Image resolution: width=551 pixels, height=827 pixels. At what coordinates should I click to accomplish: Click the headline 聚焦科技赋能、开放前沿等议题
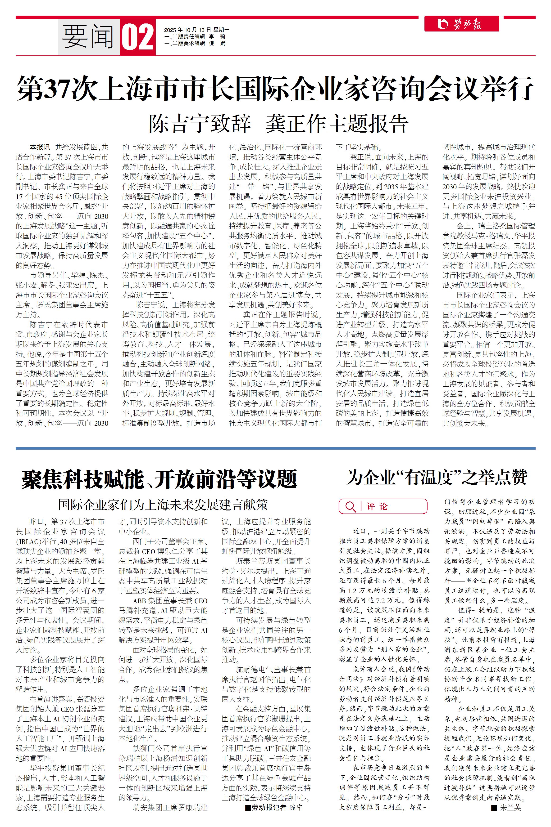pyautogui.click(x=159, y=479)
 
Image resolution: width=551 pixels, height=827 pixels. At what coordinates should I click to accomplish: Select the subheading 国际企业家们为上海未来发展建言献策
pyautogui.click(x=163, y=505)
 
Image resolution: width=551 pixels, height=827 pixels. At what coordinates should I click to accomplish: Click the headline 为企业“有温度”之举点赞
pyautogui.click(x=437, y=478)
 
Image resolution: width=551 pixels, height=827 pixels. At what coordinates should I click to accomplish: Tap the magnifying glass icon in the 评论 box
pyautogui.click(x=350, y=506)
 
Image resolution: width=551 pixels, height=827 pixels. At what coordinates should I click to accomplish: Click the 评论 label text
pyautogui.click(x=377, y=506)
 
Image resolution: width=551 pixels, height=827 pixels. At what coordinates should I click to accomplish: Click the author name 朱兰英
pyautogui.click(x=510, y=808)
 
